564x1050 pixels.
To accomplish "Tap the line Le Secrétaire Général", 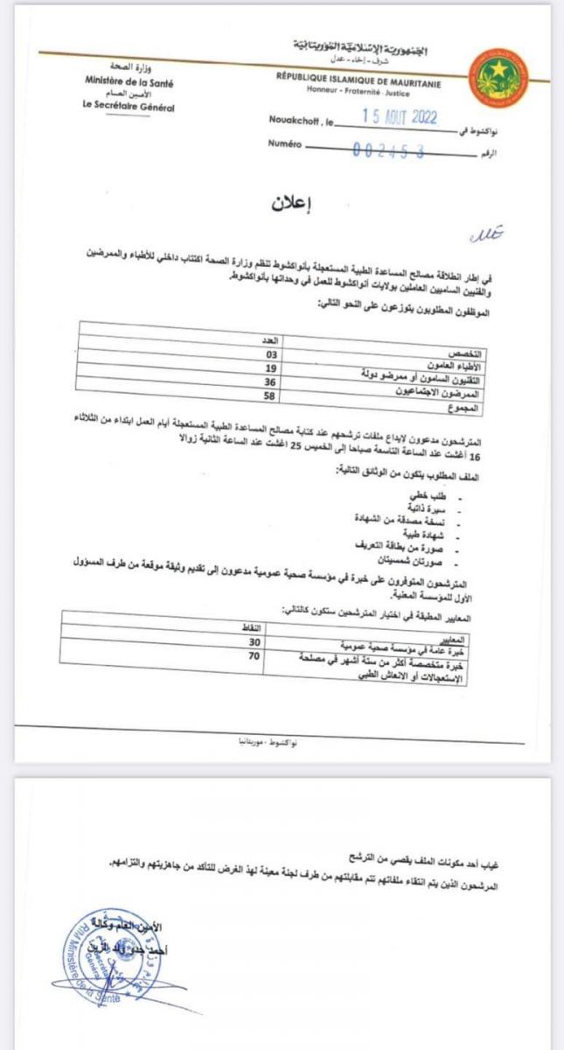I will point(124,108).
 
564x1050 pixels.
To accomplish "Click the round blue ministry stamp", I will point(91,949).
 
